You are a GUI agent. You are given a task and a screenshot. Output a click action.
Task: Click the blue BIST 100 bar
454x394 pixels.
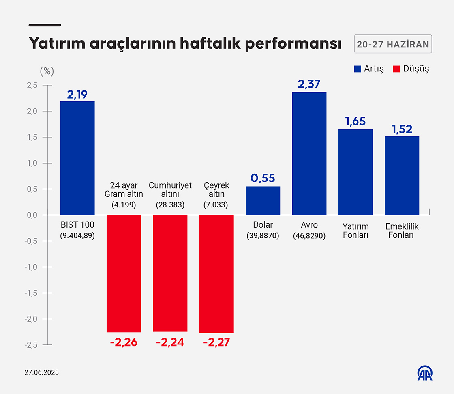(77, 158)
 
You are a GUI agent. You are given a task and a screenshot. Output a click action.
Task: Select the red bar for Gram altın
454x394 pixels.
(124, 273)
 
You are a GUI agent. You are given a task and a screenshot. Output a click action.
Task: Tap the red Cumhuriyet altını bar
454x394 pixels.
(170, 273)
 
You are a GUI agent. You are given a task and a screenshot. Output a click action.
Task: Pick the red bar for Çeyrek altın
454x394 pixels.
(216, 273)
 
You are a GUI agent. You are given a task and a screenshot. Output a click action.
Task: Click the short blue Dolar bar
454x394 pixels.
(263, 200)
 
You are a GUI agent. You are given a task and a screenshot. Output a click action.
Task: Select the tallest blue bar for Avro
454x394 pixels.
(309, 153)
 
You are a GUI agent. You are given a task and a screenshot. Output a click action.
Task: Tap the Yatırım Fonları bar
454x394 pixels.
(355, 172)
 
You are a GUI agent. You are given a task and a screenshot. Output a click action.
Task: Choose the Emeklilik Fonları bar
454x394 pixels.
(402, 175)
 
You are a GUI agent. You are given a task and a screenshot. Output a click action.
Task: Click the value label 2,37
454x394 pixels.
(309, 84)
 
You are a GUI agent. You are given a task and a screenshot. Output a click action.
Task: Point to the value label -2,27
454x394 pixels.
(216, 342)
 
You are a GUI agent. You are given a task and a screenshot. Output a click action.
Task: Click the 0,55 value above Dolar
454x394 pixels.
(263, 178)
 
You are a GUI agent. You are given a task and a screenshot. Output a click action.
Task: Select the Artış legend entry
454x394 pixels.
(368, 69)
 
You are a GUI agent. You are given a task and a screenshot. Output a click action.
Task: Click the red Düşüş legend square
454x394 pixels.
(397, 69)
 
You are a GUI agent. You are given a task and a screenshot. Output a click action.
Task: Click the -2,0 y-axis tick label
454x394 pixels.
(31, 319)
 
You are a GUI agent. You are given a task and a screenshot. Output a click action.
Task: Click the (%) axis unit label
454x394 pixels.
(46, 71)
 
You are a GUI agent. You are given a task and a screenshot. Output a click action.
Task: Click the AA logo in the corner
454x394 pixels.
(425, 373)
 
